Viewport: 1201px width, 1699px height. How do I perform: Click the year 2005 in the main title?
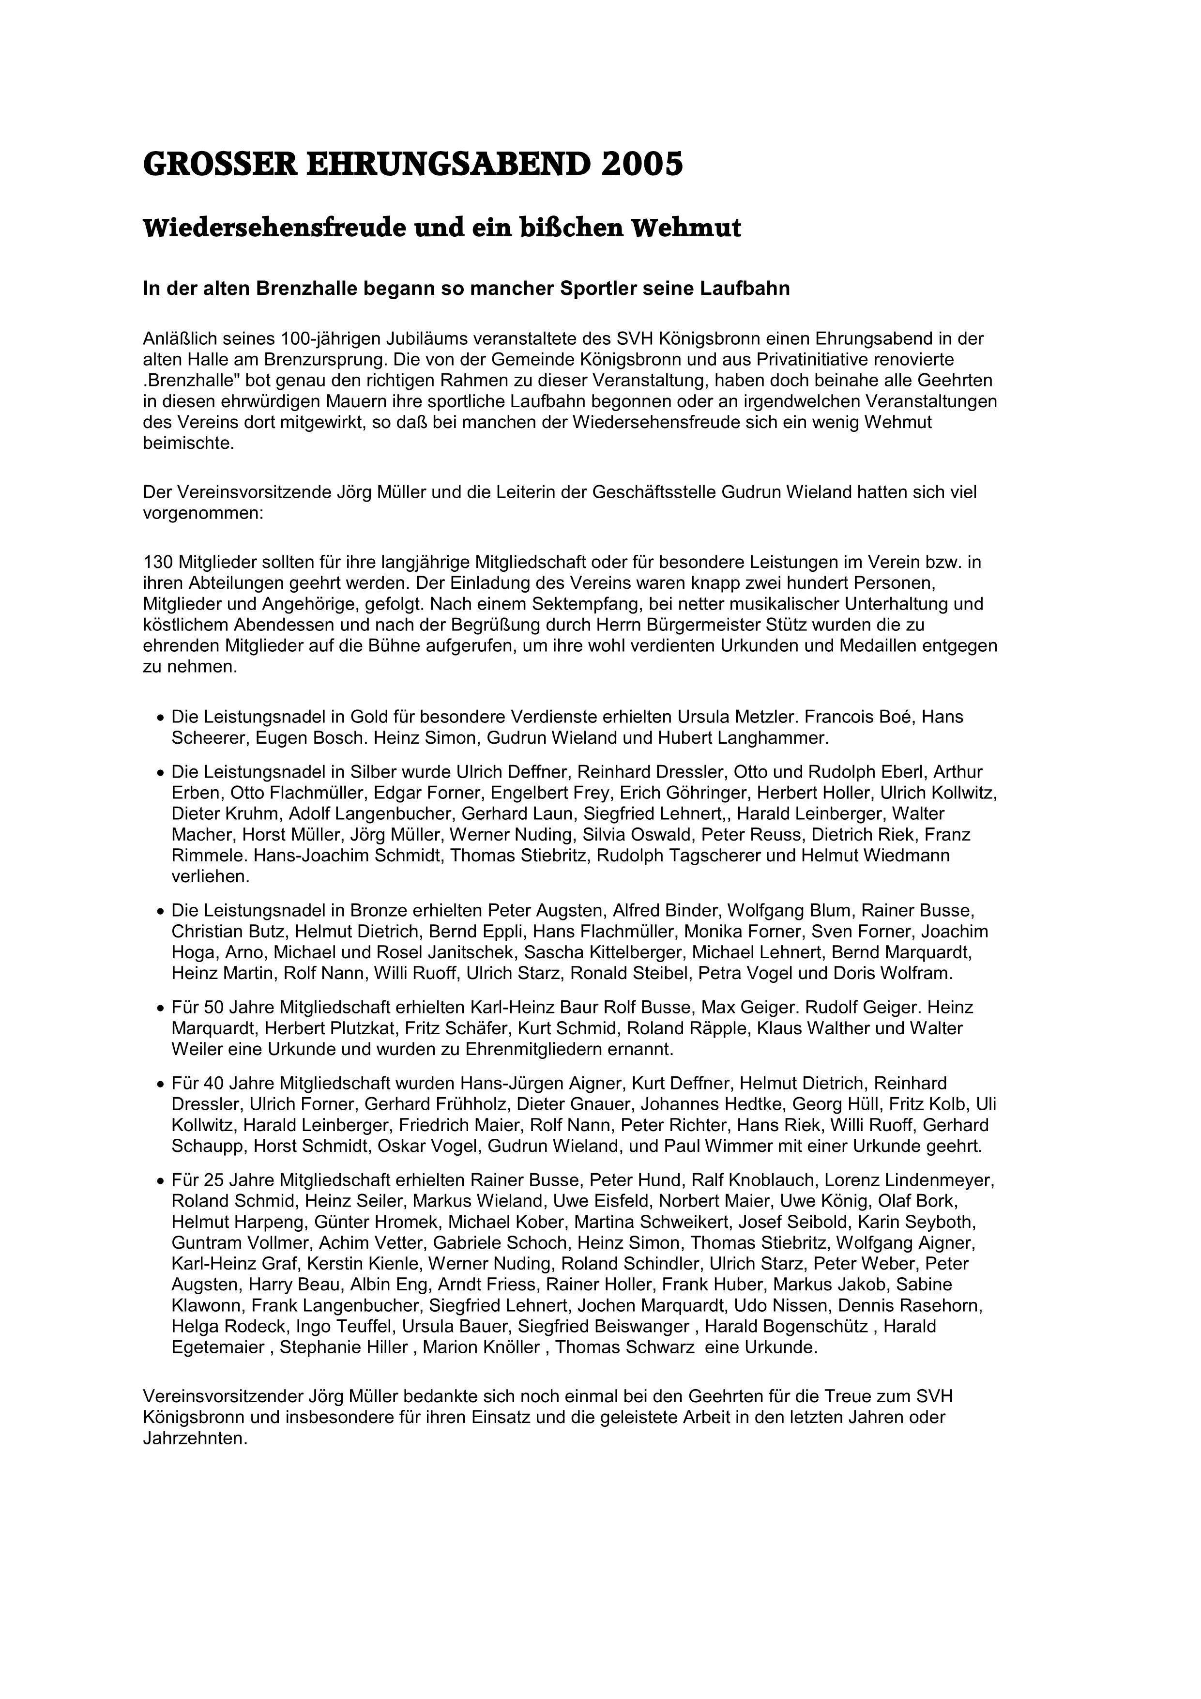click(641, 164)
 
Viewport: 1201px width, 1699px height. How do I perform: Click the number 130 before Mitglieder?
click(158, 563)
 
